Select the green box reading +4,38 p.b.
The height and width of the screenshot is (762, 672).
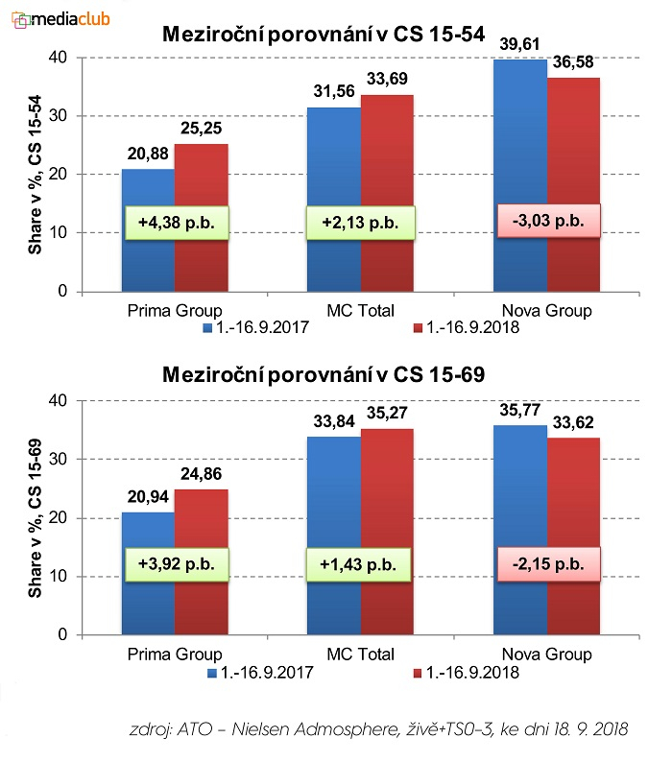click(x=175, y=222)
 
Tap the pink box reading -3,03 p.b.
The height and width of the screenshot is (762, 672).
click(x=548, y=221)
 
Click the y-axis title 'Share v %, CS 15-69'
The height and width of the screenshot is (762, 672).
click(x=34, y=518)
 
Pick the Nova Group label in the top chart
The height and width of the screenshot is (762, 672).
click(x=546, y=310)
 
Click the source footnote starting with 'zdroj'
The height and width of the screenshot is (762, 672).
click(x=378, y=729)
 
